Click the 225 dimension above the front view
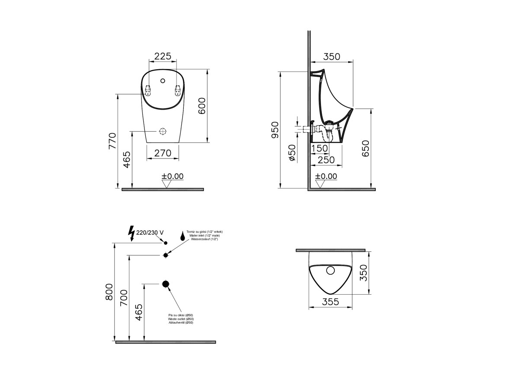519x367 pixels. point(163,56)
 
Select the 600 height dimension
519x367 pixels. point(202,106)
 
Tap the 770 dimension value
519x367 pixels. point(112,141)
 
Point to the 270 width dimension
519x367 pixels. point(163,153)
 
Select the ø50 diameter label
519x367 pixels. point(292,153)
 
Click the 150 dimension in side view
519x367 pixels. point(319,149)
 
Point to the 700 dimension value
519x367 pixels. point(124,299)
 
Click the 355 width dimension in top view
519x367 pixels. point(330,302)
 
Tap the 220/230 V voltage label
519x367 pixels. point(150,233)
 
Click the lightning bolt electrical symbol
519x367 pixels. point(131,234)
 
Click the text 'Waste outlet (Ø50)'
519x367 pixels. point(181,319)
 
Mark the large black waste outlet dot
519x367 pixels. point(166,284)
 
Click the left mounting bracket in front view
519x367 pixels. point(148,91)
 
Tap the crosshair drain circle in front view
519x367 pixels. point(163,131)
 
